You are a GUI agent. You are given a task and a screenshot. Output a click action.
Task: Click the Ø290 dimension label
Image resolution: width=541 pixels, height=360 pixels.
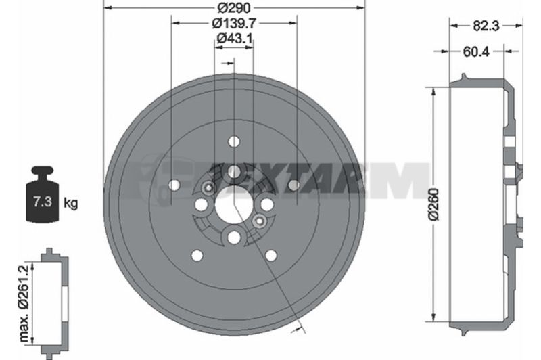point(234,7)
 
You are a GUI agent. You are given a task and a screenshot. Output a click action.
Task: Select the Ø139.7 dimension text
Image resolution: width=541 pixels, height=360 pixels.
point(234,23)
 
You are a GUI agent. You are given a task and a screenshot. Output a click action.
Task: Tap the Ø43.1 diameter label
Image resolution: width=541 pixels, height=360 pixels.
point(234,38)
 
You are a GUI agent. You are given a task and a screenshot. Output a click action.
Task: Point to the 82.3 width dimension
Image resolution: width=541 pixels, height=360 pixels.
point(486,26)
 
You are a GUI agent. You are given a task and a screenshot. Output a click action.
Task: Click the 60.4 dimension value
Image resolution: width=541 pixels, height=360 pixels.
point(476,51)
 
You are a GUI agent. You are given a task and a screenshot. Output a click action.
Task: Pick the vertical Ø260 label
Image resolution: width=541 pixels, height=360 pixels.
point(433,204)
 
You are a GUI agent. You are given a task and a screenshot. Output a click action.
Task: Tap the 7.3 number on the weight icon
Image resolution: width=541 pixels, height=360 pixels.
point(43,201)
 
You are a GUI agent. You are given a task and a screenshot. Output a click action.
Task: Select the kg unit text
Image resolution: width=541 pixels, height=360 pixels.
point(71,203)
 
